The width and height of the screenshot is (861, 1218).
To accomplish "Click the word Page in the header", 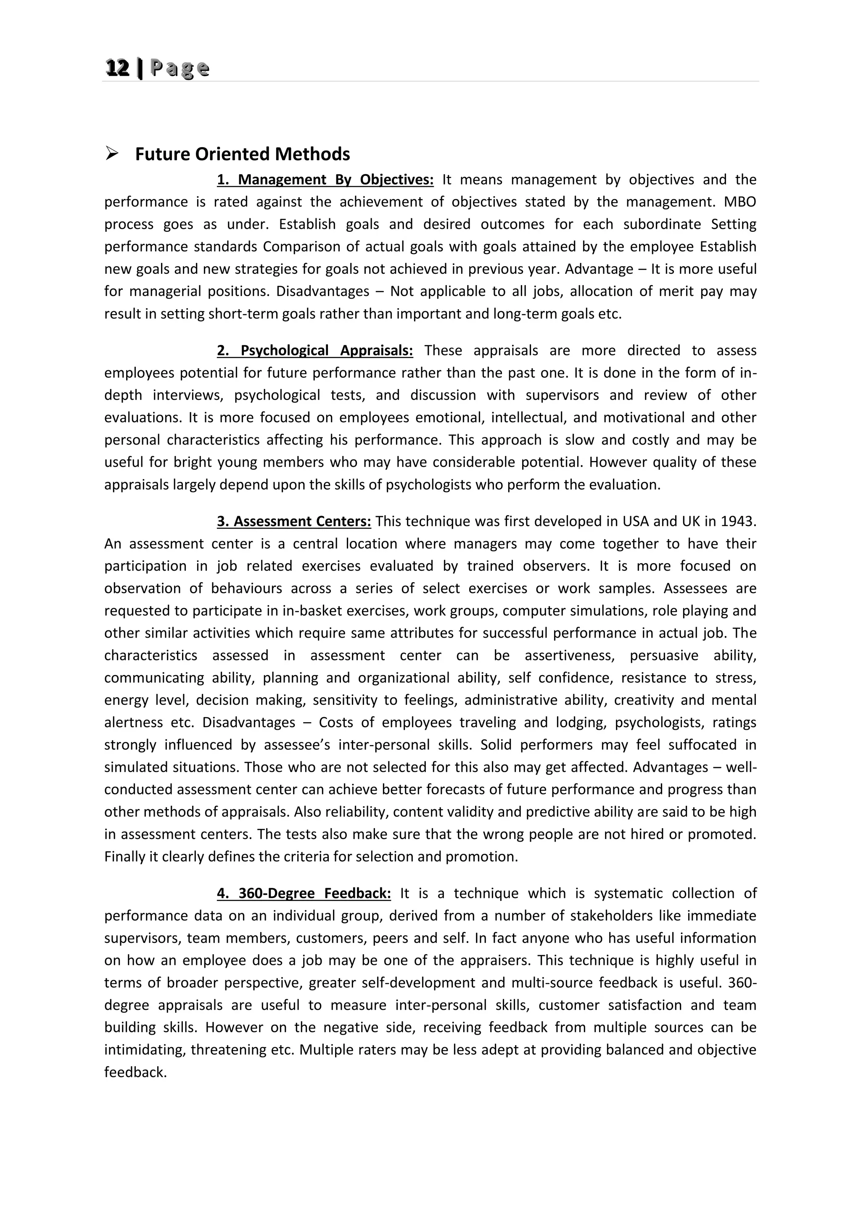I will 180,69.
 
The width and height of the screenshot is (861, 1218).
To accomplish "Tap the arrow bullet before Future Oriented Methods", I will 112,154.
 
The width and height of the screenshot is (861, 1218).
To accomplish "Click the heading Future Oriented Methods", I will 242,154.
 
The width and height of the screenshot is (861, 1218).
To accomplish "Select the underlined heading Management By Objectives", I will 325,180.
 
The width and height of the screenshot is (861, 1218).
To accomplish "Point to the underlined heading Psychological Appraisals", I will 315,351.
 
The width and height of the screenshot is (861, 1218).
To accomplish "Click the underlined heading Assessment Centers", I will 294,522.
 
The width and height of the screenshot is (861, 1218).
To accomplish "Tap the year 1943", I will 738,522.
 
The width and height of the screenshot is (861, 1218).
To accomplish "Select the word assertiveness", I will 569,656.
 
